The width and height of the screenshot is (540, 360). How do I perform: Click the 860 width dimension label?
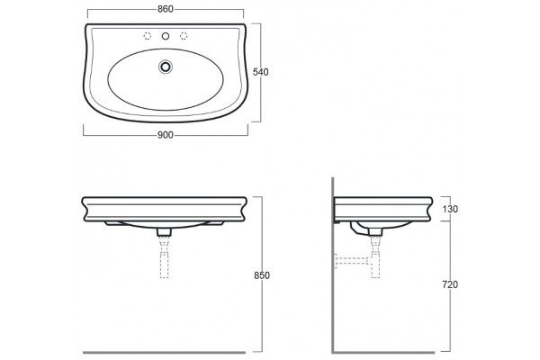166,9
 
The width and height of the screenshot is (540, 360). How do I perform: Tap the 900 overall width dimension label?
166,135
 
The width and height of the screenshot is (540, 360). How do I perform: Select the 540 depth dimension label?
261,72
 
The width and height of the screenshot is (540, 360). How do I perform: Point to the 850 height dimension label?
262,275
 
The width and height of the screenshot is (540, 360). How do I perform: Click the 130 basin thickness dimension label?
450,209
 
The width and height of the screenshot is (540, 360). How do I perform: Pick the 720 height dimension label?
450,284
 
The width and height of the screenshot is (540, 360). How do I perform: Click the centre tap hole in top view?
166,36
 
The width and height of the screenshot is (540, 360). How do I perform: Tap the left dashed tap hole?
147,36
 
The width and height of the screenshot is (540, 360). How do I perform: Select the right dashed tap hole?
184,36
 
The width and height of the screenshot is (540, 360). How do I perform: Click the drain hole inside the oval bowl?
166,67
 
